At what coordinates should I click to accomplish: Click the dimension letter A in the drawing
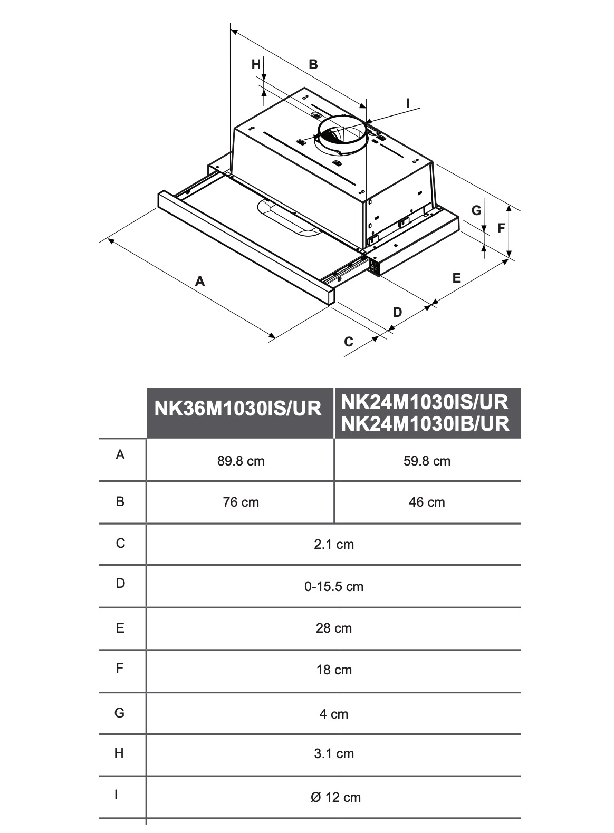click(199, 281)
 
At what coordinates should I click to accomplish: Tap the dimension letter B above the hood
click(313, 64)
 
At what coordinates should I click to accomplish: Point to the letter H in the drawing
click(256, 64)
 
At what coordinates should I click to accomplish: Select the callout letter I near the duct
click(407, 104)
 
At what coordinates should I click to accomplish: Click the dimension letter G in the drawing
click(476, 210)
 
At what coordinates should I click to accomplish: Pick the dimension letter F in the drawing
click(501, 229)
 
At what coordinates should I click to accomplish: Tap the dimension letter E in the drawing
click(457, 277)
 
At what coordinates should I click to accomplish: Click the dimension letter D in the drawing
click(397, 312)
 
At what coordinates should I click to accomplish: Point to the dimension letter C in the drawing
click(349, 342)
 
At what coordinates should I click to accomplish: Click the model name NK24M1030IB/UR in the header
click(425, 423)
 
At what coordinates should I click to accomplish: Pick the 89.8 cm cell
click(241, 461)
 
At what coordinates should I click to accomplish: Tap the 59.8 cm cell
click(427, 461)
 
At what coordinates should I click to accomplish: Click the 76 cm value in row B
click(241, 502)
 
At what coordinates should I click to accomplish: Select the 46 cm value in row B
click(427, 502)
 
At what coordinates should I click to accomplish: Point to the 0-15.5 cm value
click(333, 586)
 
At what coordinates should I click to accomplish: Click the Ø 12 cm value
click(335, 797)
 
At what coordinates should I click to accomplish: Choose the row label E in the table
click(120, 628)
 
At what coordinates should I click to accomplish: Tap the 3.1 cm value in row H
click(333, 754)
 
